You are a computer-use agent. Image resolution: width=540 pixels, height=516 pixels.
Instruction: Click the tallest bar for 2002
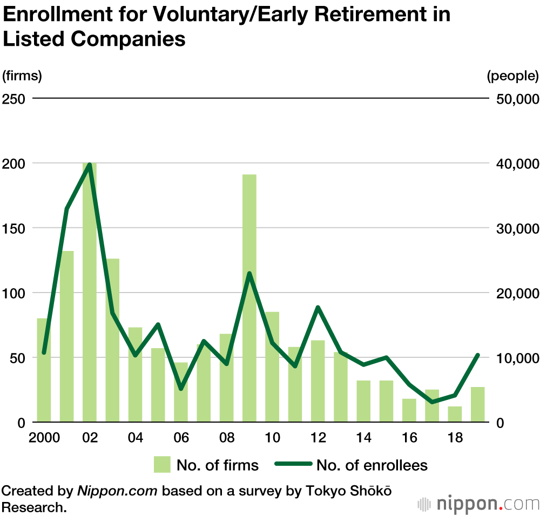[90, 291]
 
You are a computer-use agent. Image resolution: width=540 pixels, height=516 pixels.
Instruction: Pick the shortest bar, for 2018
[455, 414]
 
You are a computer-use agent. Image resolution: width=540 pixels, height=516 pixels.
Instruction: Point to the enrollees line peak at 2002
[90, 164]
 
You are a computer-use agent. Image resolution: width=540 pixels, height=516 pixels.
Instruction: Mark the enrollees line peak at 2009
[249, 273]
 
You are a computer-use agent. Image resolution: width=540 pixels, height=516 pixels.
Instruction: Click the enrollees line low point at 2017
[432, 402]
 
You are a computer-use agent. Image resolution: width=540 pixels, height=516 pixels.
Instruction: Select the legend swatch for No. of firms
[162, 465]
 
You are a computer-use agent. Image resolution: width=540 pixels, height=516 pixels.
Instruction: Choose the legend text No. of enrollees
[372, 465]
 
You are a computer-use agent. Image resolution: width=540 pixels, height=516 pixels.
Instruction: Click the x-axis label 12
[318, 437]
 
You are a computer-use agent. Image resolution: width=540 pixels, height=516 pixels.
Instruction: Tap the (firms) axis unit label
[22, 76]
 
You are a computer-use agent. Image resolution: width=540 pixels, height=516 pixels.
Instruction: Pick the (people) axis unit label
[512, 76]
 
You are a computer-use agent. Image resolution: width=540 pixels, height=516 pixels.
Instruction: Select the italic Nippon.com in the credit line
[118, 491]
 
